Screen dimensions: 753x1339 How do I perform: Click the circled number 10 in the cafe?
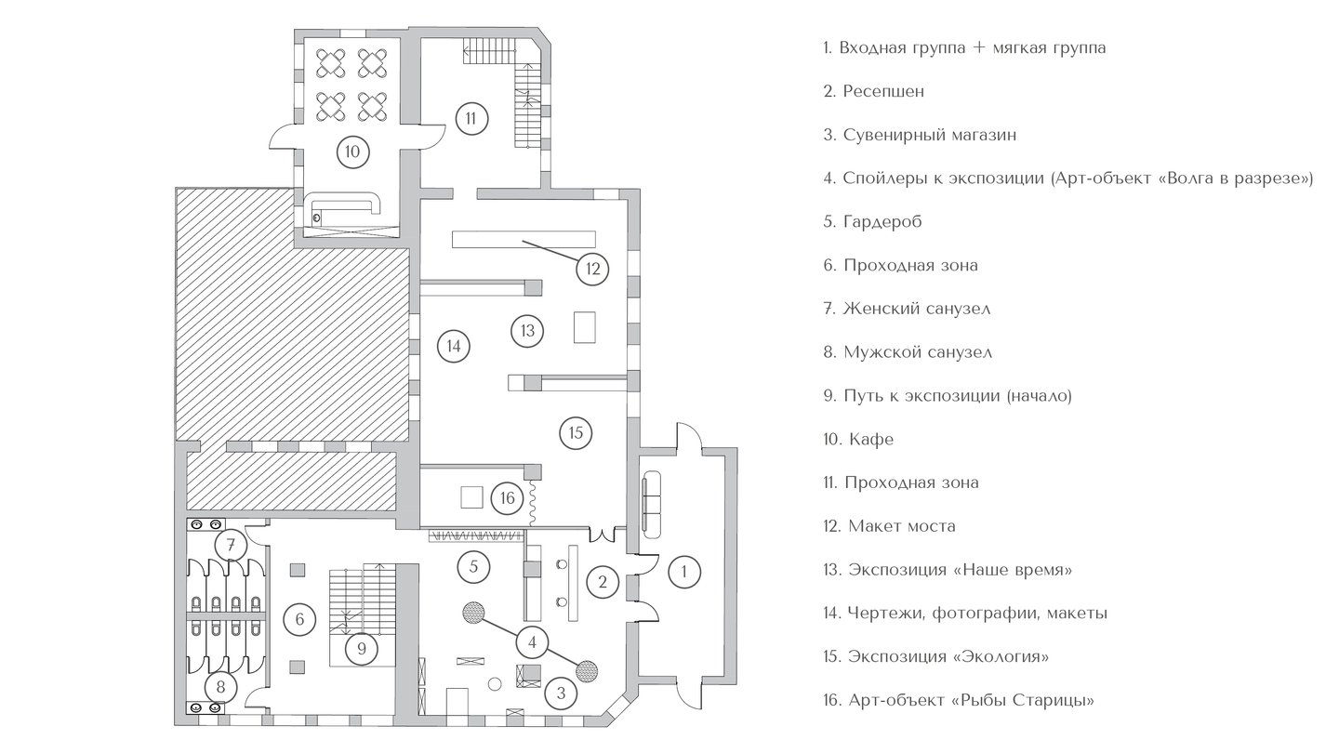(x=351, y=152)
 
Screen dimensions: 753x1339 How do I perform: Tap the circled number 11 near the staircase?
(x=471, y=118)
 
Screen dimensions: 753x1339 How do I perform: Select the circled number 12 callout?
(x=593, y=270)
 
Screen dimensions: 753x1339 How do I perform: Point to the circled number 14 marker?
(x=453, y=346)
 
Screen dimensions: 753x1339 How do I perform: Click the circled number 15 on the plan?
(x=576, y=432)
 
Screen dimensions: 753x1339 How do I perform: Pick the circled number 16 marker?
(x=507, y=498)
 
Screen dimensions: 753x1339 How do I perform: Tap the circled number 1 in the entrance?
(x=685, y=570)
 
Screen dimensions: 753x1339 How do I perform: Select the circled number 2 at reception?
(x=603, y=583)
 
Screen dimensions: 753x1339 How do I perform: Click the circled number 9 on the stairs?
(x=362, y=648)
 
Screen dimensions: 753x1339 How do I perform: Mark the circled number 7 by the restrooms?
(x=230, y=543)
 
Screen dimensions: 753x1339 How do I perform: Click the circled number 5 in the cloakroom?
(x=473, y=564)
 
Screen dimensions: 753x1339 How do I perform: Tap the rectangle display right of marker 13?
(x=585, y=328)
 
